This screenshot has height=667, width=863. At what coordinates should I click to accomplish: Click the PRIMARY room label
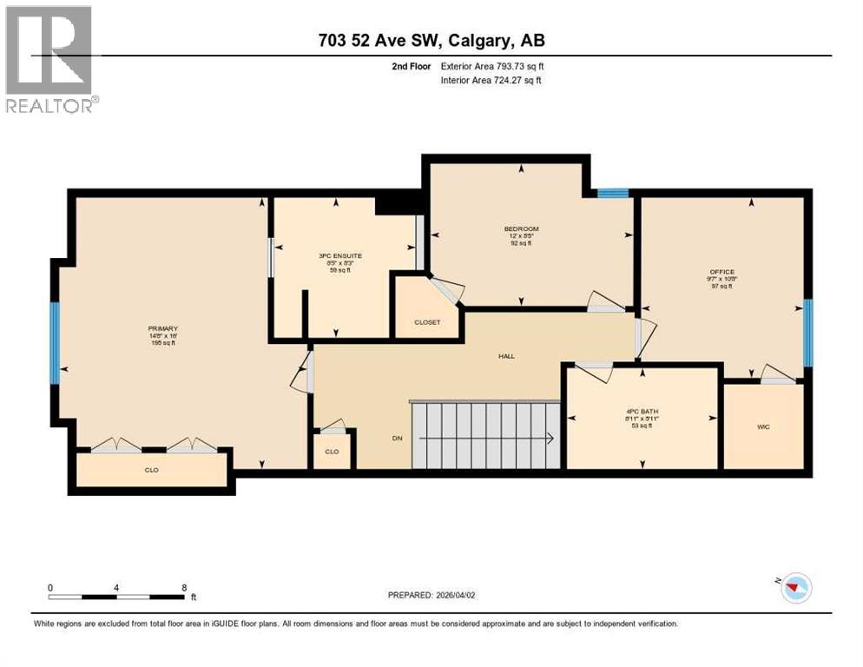click(x=162, y=328)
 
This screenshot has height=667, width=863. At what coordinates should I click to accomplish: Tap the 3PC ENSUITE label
click(x=340, y=255)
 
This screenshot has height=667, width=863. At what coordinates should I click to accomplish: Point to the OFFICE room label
click(x=721, y=272)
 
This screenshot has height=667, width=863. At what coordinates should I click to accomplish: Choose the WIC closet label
click(x=763, y=426)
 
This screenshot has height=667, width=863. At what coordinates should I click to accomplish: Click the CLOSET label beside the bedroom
click(x=427, y=322)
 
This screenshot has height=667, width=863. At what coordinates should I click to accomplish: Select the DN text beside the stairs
click(x=398, y=439)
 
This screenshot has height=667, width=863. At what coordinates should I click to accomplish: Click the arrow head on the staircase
click(x=551, y=439)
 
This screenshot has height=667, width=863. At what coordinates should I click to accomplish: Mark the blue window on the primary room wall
click(x=55, y=342)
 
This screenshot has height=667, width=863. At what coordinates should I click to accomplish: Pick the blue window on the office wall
click(x=807, y=333)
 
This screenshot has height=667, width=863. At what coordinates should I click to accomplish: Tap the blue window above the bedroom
click(x=613, y=194)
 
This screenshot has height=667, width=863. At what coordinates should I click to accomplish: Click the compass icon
click(x=794, y=588)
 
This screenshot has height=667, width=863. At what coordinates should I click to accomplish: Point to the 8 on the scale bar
click(x=184, y=588)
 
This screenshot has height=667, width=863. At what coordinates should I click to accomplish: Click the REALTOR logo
click(x=49, y=59)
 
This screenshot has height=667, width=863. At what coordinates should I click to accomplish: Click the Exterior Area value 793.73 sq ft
click(x=519, y=66)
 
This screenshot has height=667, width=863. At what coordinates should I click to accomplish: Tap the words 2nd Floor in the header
click(x=412, y=66)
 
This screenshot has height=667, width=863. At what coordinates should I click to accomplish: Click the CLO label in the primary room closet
click(x=151, y=470)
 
